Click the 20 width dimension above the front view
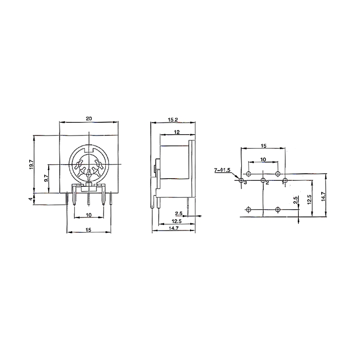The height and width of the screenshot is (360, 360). click(x=89, y=118)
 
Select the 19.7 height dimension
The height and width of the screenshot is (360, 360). click(x=31, y=164)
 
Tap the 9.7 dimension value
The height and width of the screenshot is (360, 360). click(x=46, y=178)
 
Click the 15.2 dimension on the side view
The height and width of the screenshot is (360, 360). click(x=173, y=120)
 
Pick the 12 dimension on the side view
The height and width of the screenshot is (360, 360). click(x=177, y=132)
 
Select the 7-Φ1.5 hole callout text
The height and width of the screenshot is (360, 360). click(x=222, y=170)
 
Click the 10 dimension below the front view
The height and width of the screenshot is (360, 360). click(x=89, y=215)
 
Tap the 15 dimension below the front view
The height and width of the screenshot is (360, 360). click(x=89, y=229)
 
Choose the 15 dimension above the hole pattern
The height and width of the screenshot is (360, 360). click(x=264, y=146)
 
